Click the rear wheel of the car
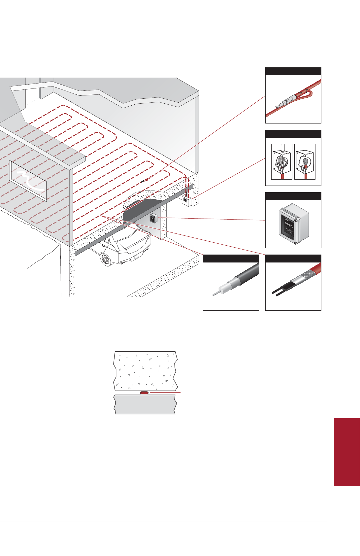point(105,260)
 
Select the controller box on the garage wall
point(153,218)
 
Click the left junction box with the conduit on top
point(281,162)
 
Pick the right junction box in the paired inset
point(305,162)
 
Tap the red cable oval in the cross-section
point(145,393)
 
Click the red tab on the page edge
point(346,452)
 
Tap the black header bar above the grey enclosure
point(293,196)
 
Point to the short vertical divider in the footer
point(101,525)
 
